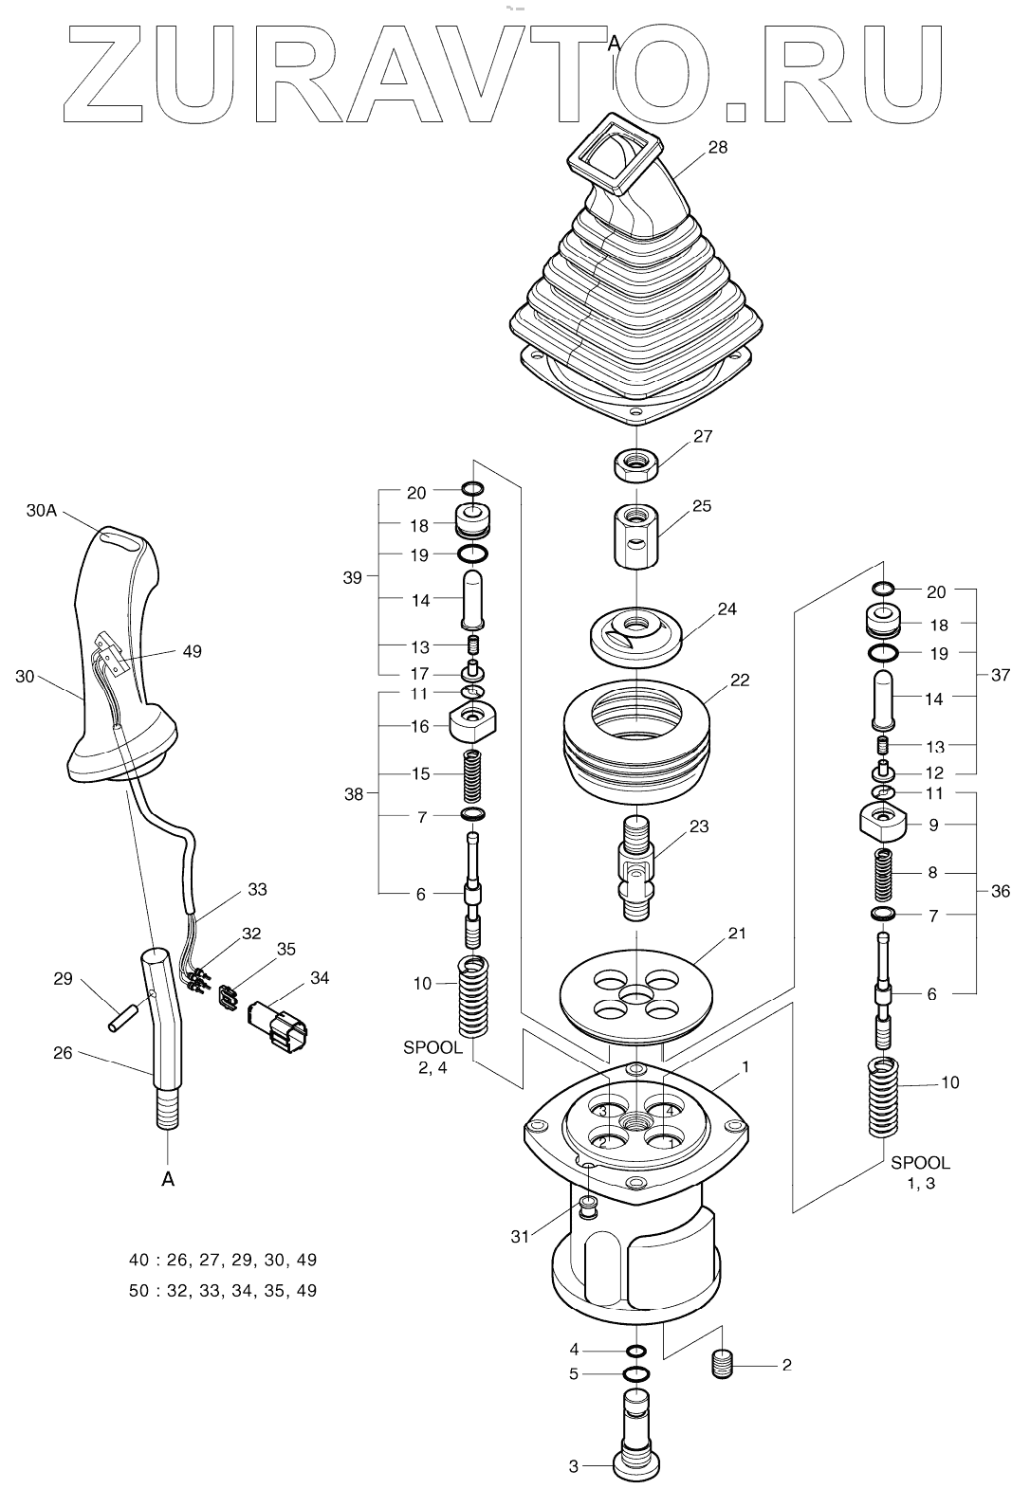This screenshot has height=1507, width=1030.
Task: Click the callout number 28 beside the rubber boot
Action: pos(717,148)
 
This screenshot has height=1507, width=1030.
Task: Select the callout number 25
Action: pos(701,506)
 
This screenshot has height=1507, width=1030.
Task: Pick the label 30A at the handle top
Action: pos(42,510)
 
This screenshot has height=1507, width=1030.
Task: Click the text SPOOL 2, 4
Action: pos(432,1058)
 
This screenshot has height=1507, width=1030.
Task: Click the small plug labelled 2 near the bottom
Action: pos(724,1366)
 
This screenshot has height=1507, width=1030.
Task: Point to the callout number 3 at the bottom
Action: pos(573,1466)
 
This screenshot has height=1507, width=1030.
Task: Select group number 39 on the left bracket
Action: pos(352,577)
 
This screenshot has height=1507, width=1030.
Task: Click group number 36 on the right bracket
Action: pos(999,891)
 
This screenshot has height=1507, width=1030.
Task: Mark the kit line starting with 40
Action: pos(223,1260)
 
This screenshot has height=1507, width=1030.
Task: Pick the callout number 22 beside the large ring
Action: pos(739,680)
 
